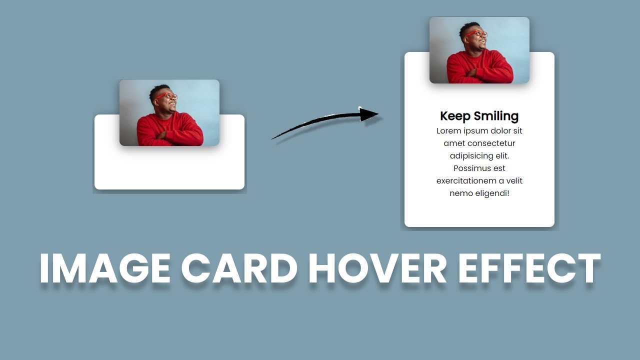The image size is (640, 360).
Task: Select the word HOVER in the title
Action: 377,268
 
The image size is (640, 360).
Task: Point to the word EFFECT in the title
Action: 529,268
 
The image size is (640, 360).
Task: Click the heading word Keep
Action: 455,116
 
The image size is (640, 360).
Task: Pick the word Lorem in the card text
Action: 449,131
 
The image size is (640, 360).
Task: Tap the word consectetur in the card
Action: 491,143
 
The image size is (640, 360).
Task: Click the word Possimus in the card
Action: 472,168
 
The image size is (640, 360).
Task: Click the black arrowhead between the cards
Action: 368,114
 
